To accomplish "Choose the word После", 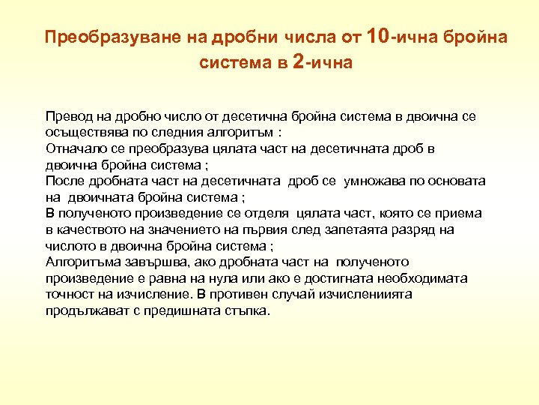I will (x=65, y=181).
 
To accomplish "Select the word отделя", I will (x=270, y=213).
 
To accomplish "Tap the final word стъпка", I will (x=243, y=310).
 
